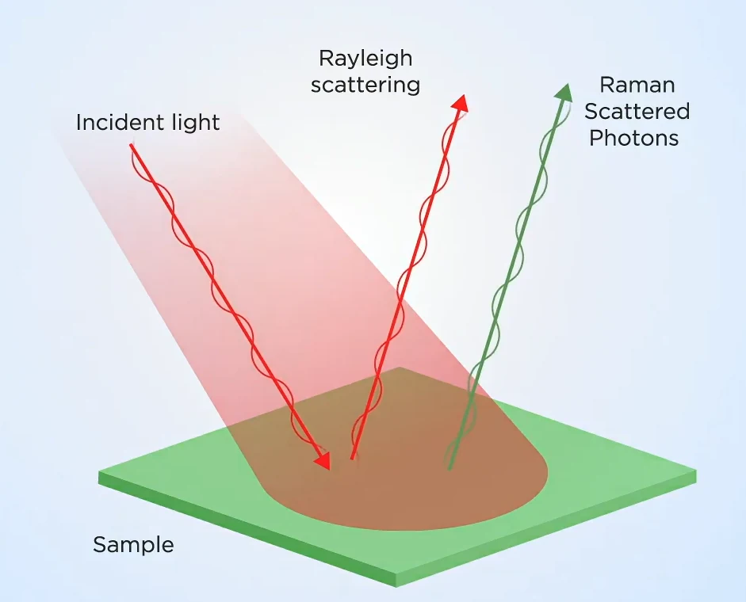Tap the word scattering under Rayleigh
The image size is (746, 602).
tap(365, 86)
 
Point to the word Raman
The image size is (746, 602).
tap(637, 85)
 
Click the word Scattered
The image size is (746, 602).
tap(637, 111)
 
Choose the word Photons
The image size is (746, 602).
tap(633, 138)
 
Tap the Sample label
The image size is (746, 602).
tap(133, 545)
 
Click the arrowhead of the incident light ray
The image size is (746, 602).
tap(323, 460)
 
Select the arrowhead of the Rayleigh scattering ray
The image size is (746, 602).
tap(461, 103)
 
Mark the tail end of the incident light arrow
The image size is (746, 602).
tap(131, 145)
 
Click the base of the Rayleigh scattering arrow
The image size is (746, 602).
tap(353, 458)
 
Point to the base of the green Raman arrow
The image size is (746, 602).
tap(450, 468)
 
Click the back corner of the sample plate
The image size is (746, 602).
tap(400, 367)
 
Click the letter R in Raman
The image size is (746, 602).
tap(606, 85)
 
